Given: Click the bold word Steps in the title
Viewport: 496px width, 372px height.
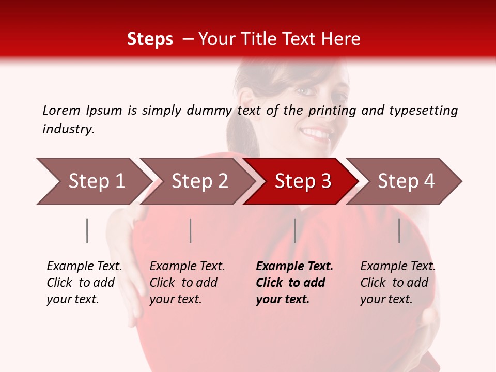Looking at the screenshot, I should [150, 39].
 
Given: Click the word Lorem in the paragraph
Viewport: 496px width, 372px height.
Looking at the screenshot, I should [61, 110].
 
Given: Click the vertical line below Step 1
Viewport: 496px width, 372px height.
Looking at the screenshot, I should [87, 230].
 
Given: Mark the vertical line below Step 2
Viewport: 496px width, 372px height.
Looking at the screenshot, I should [191, 230].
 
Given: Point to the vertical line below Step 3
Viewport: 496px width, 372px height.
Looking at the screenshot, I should [295, 230].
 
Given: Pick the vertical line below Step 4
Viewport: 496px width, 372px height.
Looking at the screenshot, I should [399, 230].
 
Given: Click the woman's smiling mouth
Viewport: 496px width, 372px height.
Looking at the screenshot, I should [316, 135].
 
